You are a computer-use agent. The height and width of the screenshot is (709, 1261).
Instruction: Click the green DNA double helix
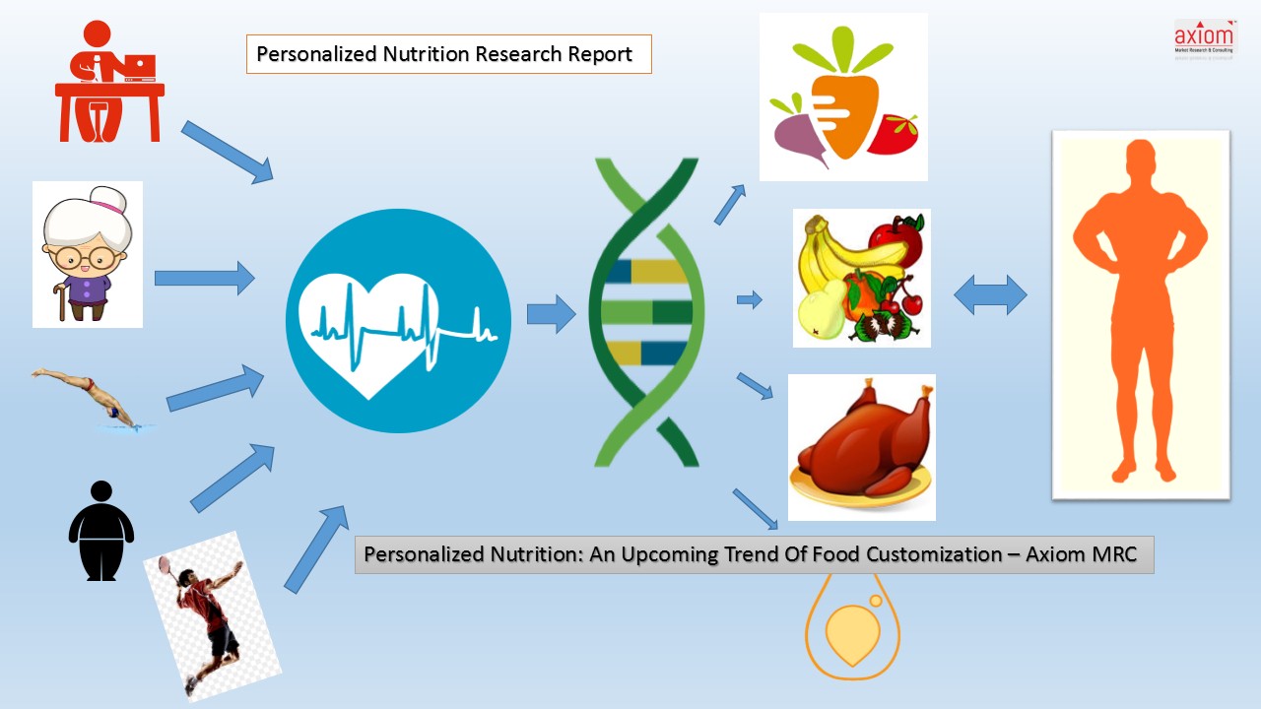coord(645,313)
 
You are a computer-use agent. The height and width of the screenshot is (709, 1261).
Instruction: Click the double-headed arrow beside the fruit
coord(990,295)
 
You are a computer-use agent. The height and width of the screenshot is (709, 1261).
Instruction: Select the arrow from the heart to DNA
coord(550,314)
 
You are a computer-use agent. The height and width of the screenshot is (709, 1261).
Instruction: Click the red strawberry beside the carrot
coord(894,134)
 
